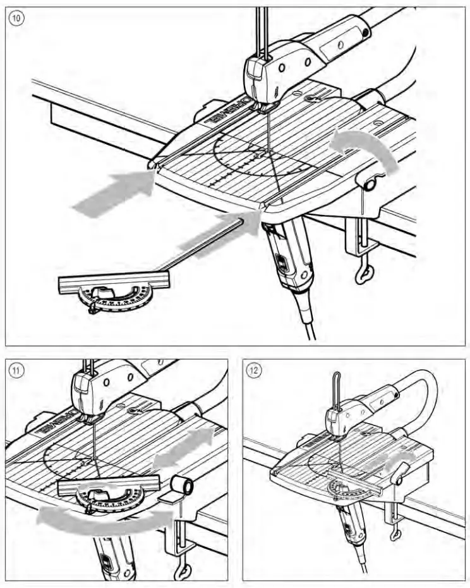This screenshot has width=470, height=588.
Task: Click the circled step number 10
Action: (x=17, y=18)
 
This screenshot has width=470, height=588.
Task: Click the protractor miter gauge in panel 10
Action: (x=117, y=293)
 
